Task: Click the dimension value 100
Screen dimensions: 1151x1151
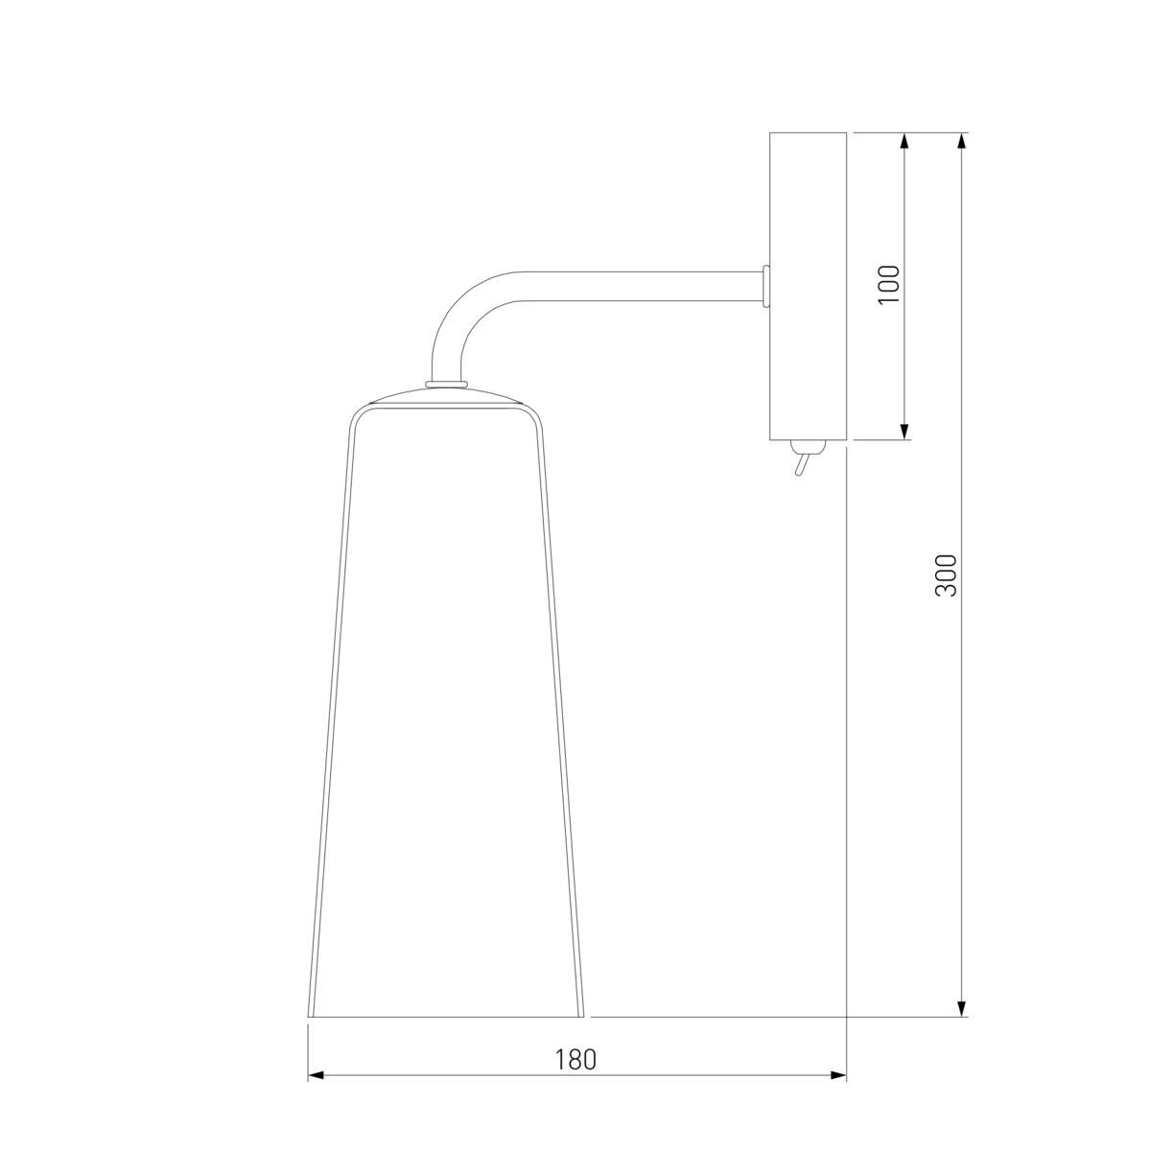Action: click(x=889, y=284)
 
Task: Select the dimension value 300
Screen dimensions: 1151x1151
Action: click(x=946, y=575)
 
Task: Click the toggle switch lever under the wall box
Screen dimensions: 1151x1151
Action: click(x=801, y=463)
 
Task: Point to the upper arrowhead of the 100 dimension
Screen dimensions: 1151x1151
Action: click(x=904, y=142)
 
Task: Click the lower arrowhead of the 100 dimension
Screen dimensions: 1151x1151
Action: click(x=904, y=431)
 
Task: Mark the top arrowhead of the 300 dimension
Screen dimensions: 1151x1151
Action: click(x=961, y=142)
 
